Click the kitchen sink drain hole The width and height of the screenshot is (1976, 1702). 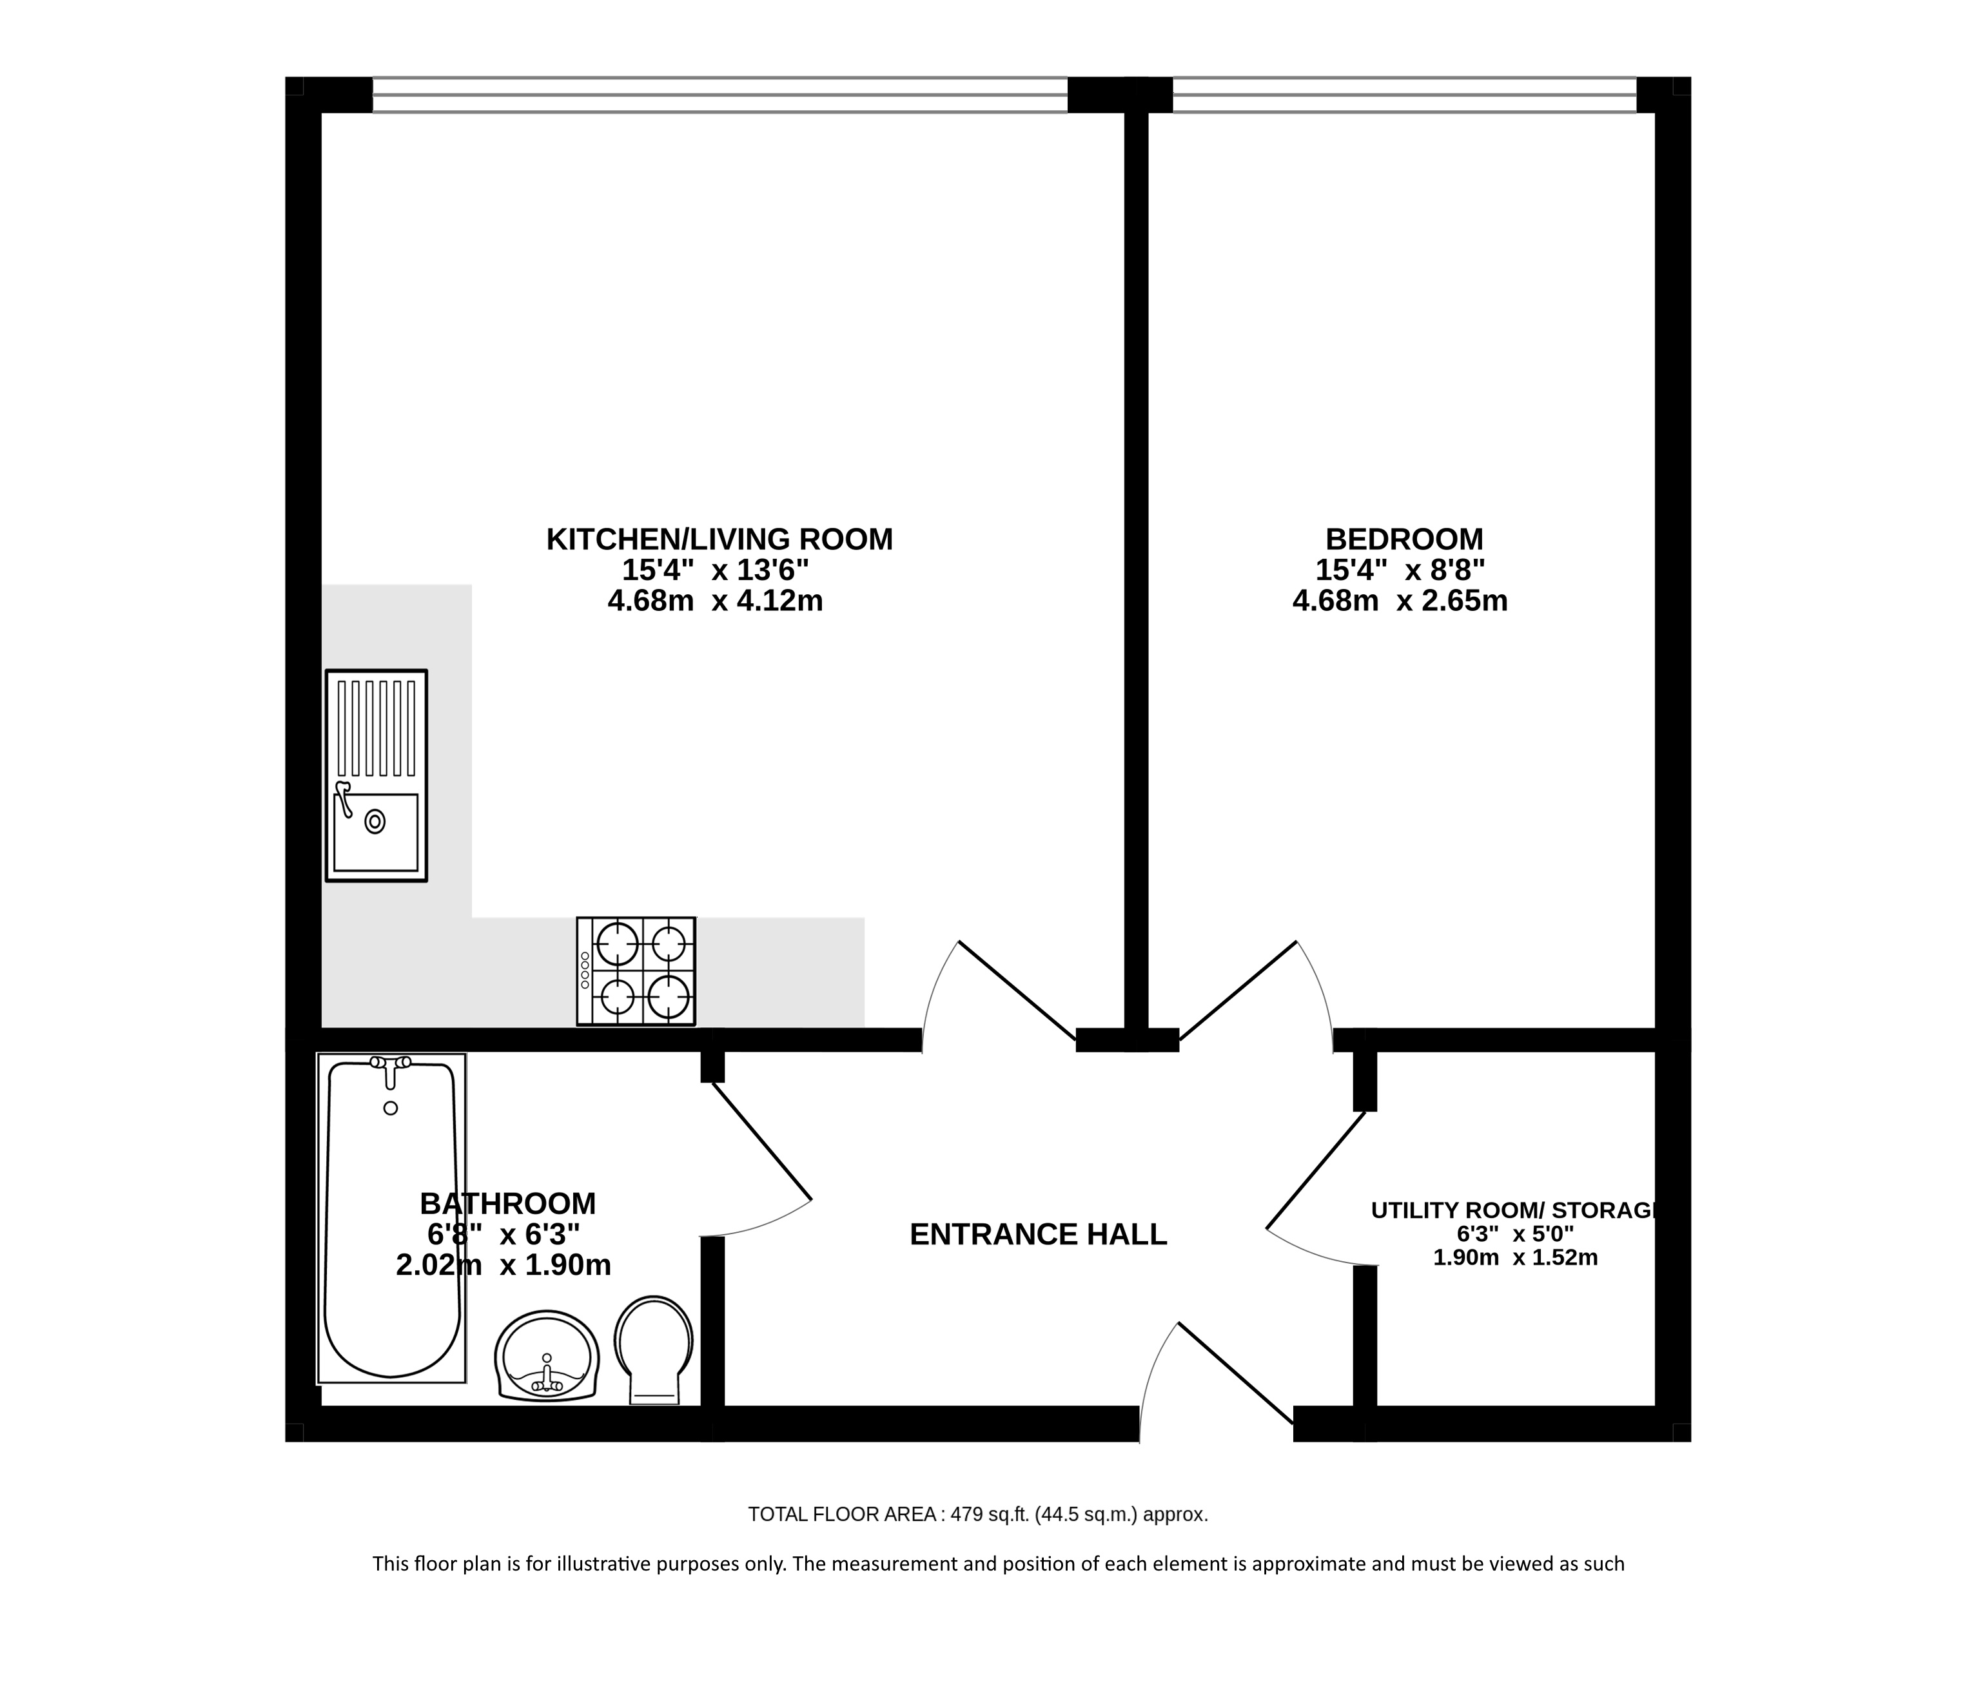pyautogui.click(x=375, y=821)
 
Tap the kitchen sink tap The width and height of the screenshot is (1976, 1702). pyautogui.click(x=344, y=798)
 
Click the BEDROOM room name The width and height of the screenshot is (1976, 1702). pyautogui.click(x=1404, y=539)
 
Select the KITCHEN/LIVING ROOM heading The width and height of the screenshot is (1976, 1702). pyautogui.click(x=719, y=539)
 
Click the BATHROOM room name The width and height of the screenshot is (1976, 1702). pyautogui.click(x=507, y=1203)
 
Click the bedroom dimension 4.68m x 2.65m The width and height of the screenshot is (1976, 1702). pyautogui.click(x=1400, y=601)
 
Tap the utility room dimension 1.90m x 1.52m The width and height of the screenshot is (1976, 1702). pyautogui.click(x=1516, y=1258)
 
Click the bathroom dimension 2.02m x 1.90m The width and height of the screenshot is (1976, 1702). pyautogui.click(x=504, y=1264)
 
